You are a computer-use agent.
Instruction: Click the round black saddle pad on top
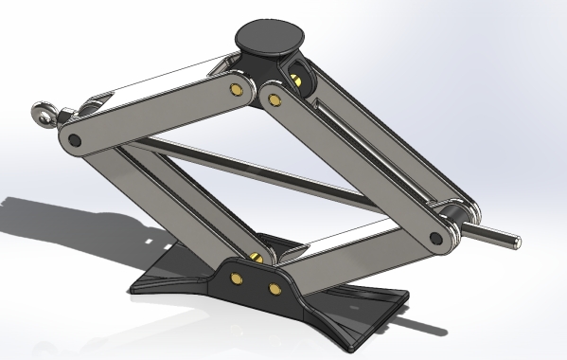(x=271, y=38)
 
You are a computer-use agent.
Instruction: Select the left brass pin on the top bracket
(x=234, y=90)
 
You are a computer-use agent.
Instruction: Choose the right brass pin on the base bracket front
(x=275, y=287)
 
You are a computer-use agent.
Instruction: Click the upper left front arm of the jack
(x=151, y=115)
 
